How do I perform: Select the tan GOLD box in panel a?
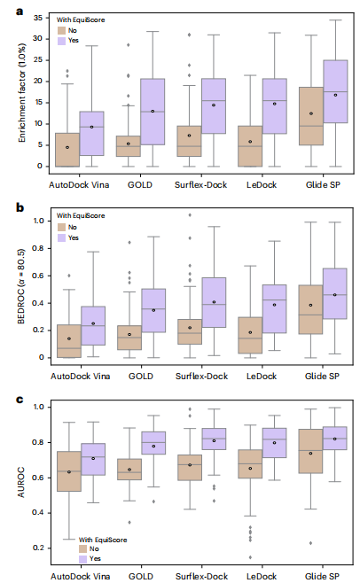click(x=129, y=146)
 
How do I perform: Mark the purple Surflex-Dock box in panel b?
click(x=213, y=302)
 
